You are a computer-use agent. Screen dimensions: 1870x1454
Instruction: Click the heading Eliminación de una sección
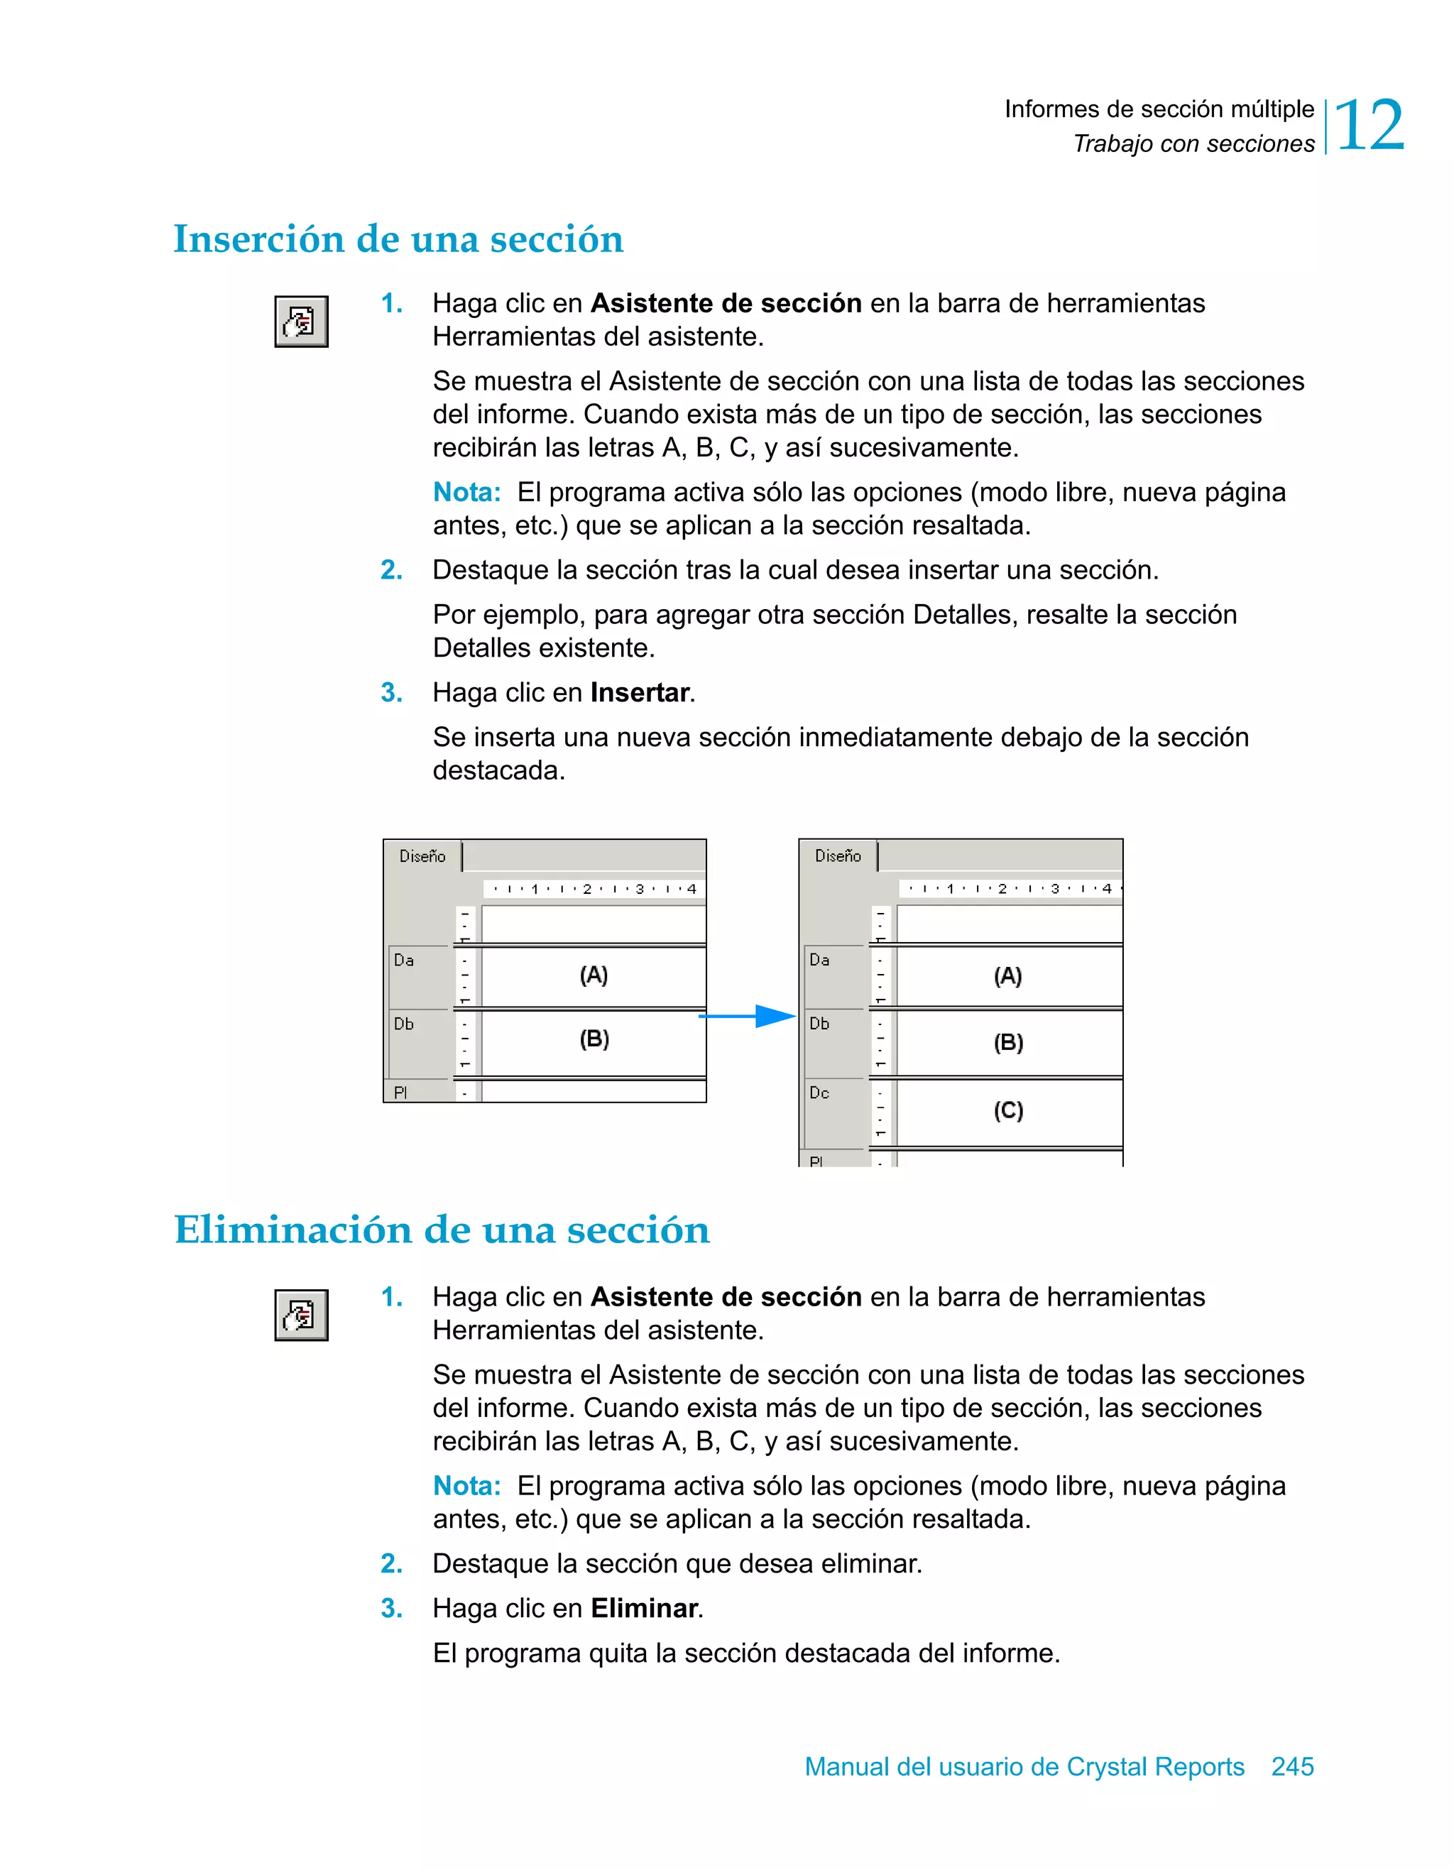click(442, 1230)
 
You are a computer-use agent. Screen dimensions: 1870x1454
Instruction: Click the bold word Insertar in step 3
click(640, 693)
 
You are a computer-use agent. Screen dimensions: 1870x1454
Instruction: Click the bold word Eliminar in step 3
click(644, 1608)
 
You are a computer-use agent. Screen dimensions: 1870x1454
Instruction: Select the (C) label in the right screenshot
click(1008, 1110)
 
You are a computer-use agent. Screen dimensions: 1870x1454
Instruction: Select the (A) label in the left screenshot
click(594, 975)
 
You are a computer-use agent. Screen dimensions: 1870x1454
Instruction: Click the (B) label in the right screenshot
click(1008, 1042)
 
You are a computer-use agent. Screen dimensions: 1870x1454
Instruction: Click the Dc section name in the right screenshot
click(819, 1093)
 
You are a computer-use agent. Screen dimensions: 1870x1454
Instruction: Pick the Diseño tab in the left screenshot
click(422, 856)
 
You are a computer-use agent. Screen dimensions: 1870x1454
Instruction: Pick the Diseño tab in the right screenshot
click(838, 856)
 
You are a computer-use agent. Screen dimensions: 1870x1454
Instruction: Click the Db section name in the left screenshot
click(403, 1024)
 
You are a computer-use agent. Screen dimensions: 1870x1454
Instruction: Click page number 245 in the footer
click(1292, 1766)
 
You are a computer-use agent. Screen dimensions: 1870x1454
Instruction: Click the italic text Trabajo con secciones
click(1193, 144)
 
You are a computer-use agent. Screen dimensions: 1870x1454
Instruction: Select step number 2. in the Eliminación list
click(391, 1563)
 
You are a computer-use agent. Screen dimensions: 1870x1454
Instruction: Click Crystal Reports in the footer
click(1155, 1766)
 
